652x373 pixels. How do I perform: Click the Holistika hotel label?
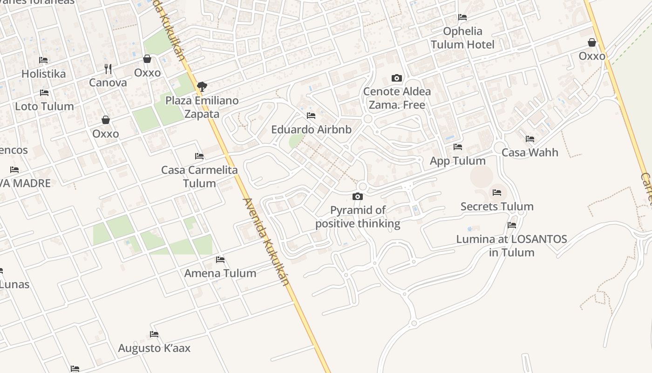point(43,74)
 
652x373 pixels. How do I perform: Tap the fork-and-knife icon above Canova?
point(108,69)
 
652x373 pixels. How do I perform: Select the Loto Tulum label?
point(44,106)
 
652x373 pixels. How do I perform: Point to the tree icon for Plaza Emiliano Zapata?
point(202,86)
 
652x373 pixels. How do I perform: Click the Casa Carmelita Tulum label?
point(199,177)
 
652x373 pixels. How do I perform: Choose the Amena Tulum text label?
point(220,273)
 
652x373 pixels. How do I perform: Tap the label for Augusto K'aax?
point(154,348)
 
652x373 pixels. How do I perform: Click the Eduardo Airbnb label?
point(311,130)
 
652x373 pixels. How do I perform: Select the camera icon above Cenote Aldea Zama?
point(397,78)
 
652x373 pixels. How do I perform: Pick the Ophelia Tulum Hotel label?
point(462,38)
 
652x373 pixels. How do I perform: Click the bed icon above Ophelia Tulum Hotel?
point(462,17)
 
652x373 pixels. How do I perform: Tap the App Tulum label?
point(458,161)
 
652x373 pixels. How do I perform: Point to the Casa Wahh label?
point(530,152)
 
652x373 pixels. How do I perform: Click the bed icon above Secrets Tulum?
point(497,192)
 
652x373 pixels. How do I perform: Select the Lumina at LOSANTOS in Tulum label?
point(511,246)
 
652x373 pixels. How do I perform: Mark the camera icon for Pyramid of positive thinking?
point(358,196)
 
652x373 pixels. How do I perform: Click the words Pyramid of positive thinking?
point(358,217)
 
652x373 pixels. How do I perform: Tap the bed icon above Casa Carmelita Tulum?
point(199,156)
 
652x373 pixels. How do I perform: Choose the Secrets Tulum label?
point(497,207)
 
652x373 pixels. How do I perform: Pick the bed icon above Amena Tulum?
point(220,259)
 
